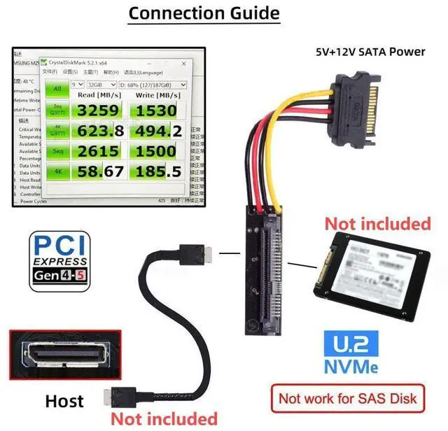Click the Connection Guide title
[204, 13]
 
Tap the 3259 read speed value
[98, 111]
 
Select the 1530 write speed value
[157, 111]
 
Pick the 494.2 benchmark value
[157, 131]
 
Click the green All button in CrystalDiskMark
[57, 88]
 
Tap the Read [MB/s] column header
[99, 95]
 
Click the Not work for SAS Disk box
[348, 399]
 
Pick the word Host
[64, 401]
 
